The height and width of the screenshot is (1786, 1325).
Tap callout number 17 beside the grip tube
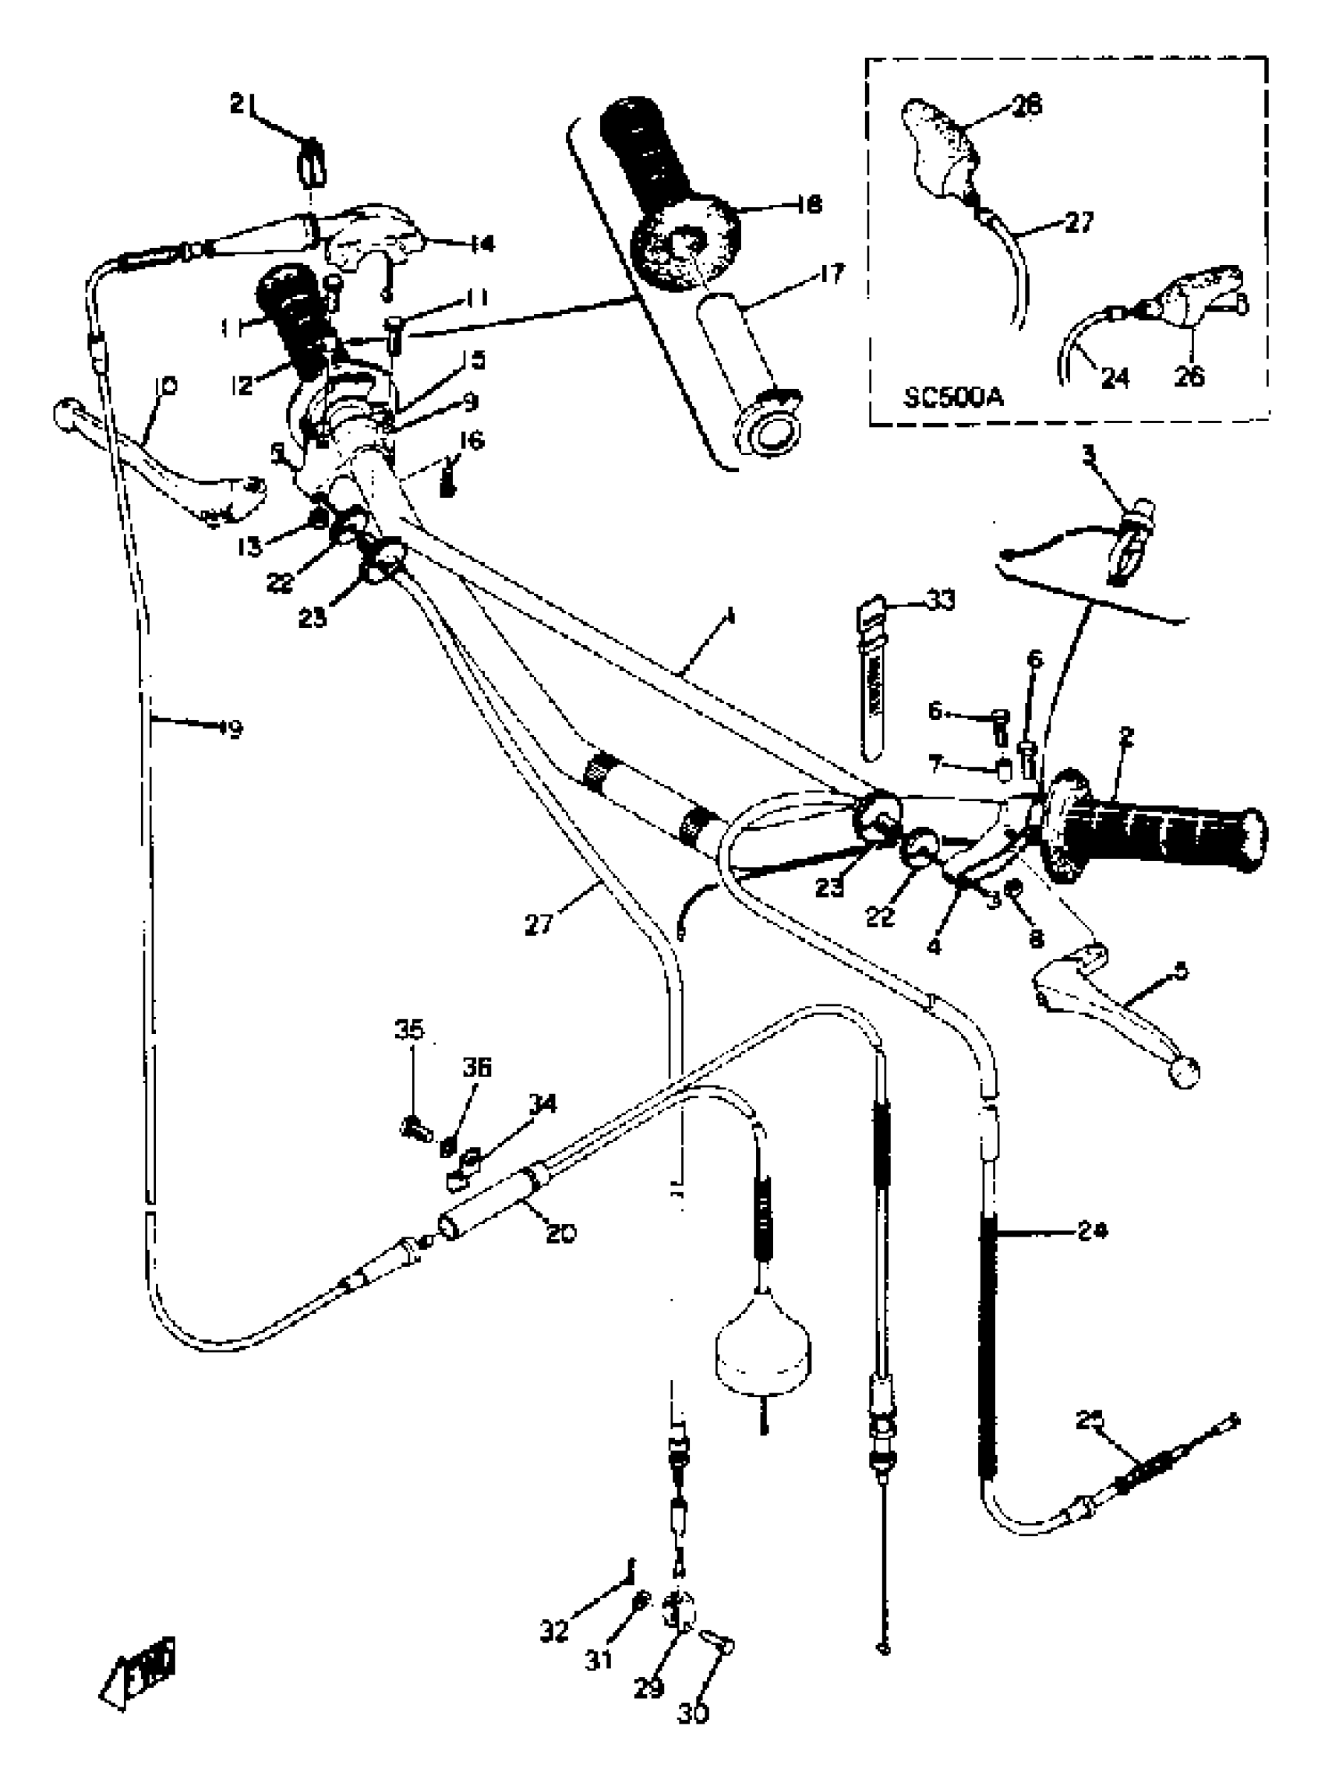pos(832,275)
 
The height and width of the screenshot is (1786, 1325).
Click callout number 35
pos(411,1029)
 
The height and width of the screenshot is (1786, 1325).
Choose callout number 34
pos(542,1104)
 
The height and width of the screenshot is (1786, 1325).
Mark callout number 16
pos(472,440)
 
